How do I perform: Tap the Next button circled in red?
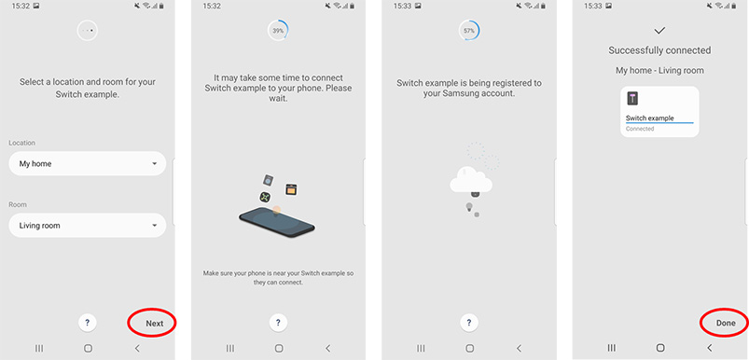click(x=153, y=324)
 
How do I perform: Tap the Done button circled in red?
click(x=725, y=323)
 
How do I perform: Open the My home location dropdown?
click(x=87, y=164)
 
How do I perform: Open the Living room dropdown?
click(x=87, y=225)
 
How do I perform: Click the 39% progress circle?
click(x=278, y=31)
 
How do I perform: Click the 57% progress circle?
click(x=470, y=31)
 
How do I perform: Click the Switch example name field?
click(x=659, y=118)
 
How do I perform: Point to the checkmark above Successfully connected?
click(x=660, y=30)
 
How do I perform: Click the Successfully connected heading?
click(x=659, y=50)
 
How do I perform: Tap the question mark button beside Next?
click(x=87, y=323)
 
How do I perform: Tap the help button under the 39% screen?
click(x=278, y=323)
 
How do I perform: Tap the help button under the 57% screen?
click(x=470, y=323)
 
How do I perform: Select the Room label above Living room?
click(x=17, y=203)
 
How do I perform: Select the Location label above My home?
click(x=22, y=143)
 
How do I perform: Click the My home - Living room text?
click(x=659, y=70)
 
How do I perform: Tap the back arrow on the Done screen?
click(x=710, y=348)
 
